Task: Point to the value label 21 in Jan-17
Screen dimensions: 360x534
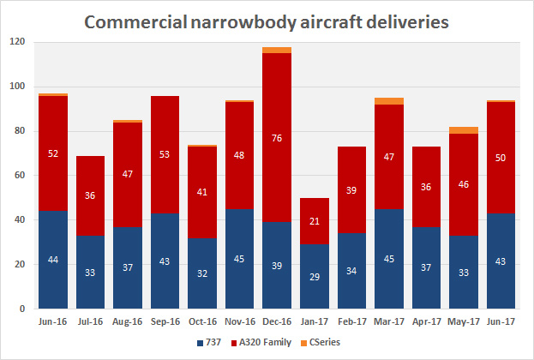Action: pos(315,222)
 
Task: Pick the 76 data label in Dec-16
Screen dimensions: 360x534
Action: pos(276,138)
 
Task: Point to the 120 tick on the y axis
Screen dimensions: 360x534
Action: pos(17,43)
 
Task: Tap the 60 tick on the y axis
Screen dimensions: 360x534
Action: pos(20,176)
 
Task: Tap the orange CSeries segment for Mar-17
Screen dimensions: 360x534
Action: pos(389,101)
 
